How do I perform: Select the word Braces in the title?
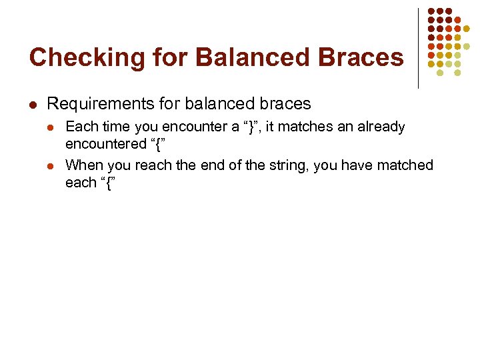tap(363, 58)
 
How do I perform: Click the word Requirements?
tap(92, 104)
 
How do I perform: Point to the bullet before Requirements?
tap(32, 104)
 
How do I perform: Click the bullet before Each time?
tap(52, 127)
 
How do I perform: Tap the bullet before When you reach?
tap(52, 165)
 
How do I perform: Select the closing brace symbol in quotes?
tap(251, 127)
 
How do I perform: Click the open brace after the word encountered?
tap(158, 145)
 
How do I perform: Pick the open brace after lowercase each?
tap(107, 183)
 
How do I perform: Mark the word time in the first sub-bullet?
tap(116, 127)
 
